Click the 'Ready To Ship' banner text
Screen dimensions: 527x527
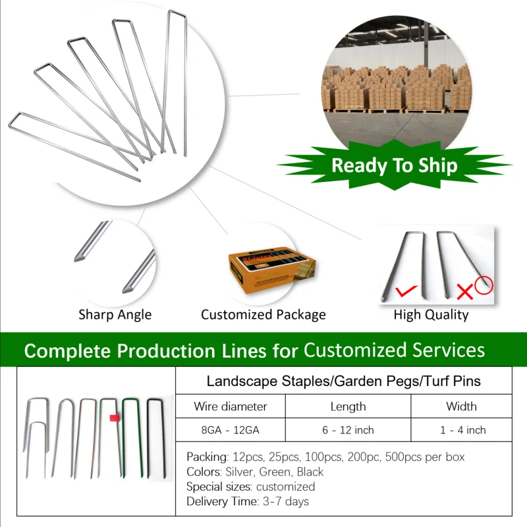pos(394,165)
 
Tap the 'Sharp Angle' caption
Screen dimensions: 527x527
pos(115,315)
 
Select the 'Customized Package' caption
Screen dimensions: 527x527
pos(263,315)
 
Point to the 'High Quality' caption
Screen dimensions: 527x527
pos(431,315)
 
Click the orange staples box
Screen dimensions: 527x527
pos(271,271)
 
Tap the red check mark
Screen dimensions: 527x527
pos(406,291)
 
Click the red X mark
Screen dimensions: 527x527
pos(465,291)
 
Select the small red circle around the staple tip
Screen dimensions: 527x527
pos(484,285)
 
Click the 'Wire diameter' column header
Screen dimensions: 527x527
pos(230,406)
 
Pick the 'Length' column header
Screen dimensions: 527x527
pos(348,406)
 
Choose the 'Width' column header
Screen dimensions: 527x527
pos(461,406)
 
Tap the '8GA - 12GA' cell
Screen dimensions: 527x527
pos(230,430)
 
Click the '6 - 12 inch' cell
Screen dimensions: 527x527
pos(348,430)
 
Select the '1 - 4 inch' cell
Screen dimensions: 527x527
pos(463,430)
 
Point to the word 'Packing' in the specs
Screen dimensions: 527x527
pos(207,457)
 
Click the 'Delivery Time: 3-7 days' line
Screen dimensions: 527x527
pos(248,501)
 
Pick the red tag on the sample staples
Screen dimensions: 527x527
pos(115,418)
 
